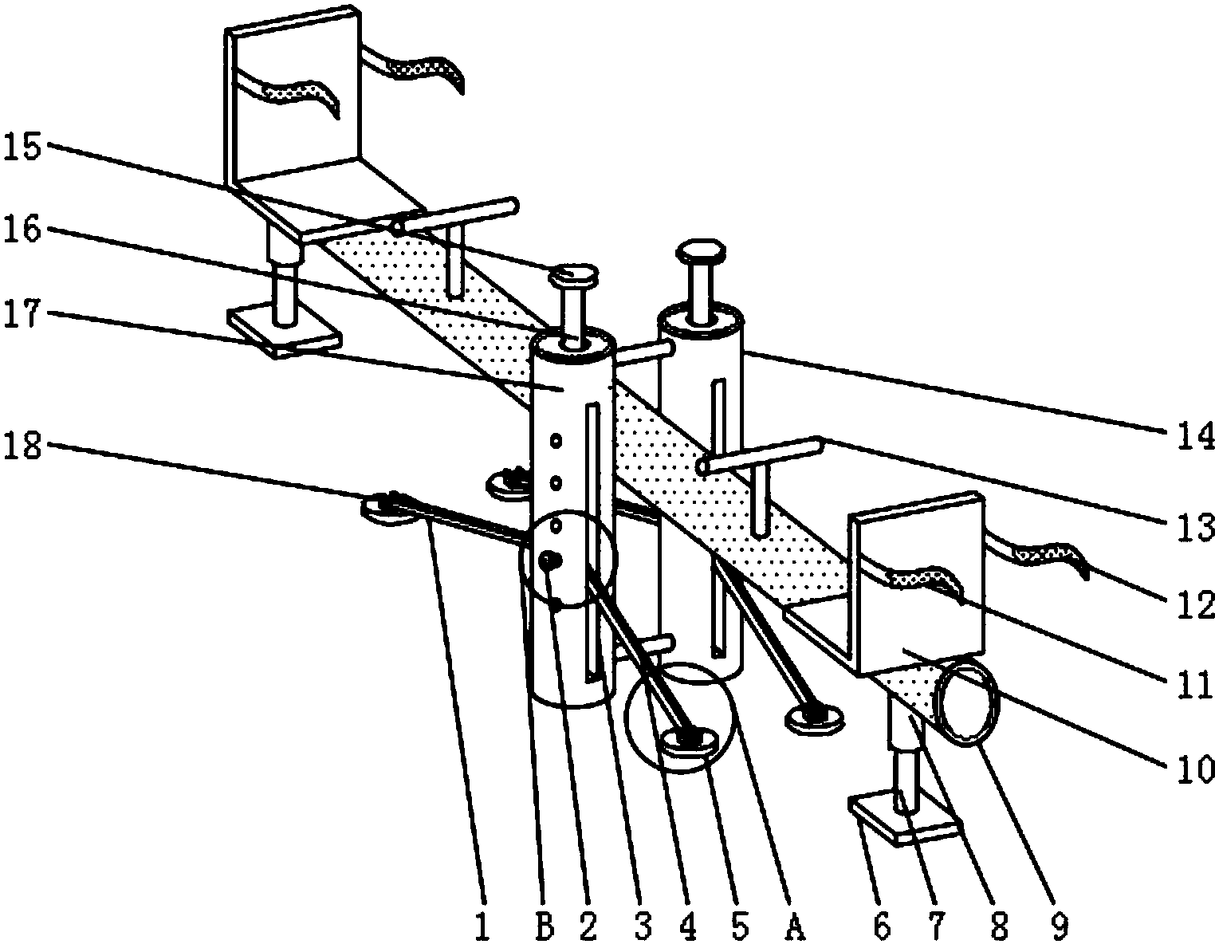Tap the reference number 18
point(23,446)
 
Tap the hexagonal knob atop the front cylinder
point(574,273)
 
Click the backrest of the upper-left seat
point(293,95)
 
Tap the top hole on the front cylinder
point(556,441)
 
